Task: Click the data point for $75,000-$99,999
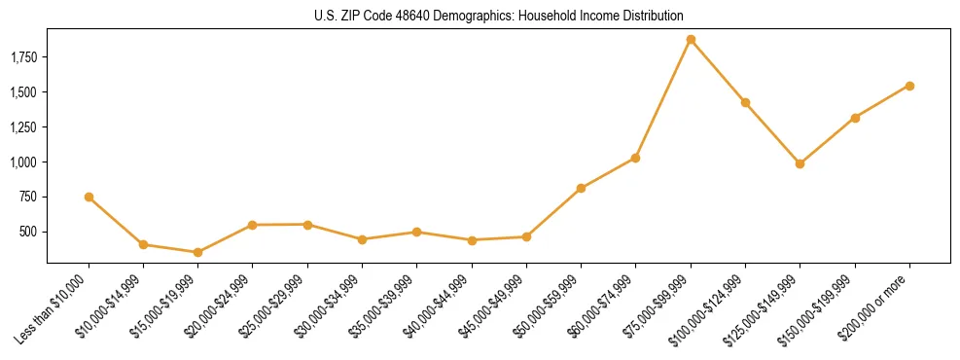tap(691, 40)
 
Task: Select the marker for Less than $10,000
tap(89, 197)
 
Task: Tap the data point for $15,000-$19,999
tap(197, 252)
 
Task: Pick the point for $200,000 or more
tap(909, 86)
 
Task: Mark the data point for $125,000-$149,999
tap(800, 163)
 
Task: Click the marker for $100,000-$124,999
tap(745, 102)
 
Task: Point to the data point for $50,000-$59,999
tap(581, 188)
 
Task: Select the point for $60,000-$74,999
tap(635, 158)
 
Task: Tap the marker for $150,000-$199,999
tap(855, 118)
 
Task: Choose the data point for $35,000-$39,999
tap(416, 232)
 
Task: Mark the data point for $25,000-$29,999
tap(307, 225)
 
